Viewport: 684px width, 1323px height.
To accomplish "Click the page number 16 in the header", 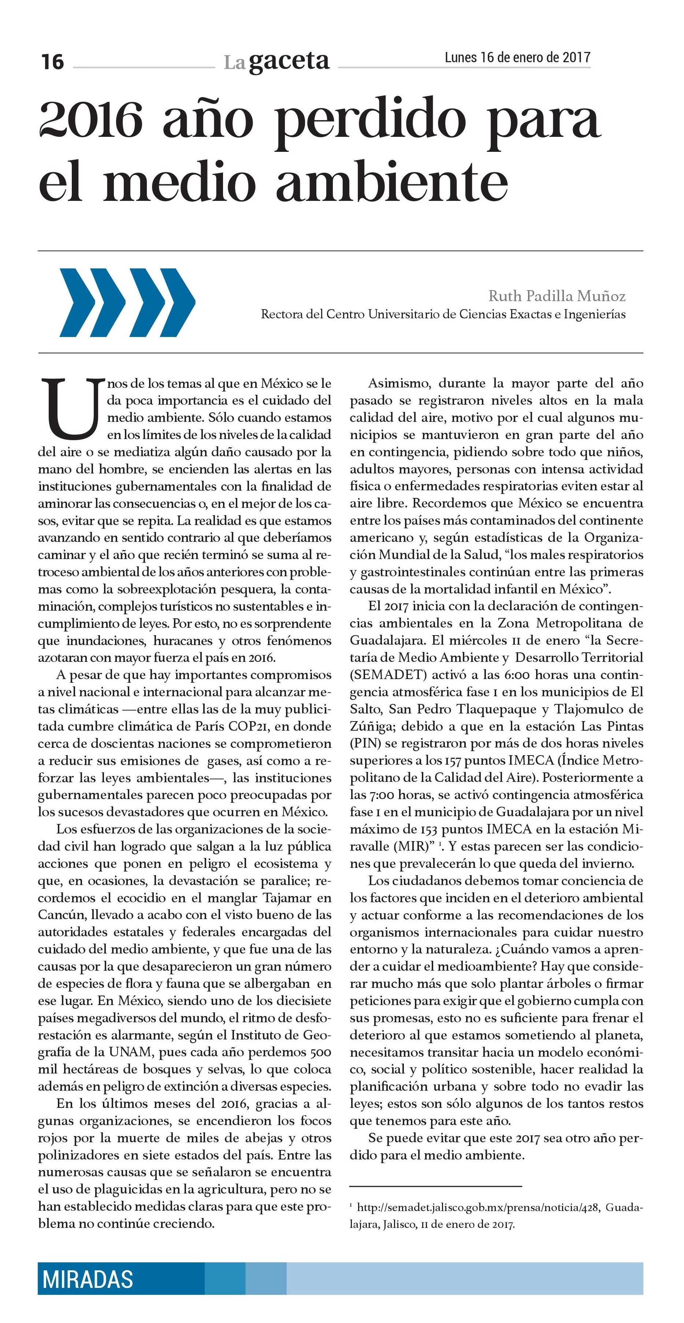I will coord(52,62).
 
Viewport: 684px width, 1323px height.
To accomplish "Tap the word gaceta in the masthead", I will coord(289,61).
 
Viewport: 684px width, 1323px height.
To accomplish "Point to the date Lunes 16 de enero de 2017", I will coord(517,57).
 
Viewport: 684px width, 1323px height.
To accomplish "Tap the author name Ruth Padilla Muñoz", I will coord(557,296).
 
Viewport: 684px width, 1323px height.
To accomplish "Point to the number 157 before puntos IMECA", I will coord(452,761).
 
